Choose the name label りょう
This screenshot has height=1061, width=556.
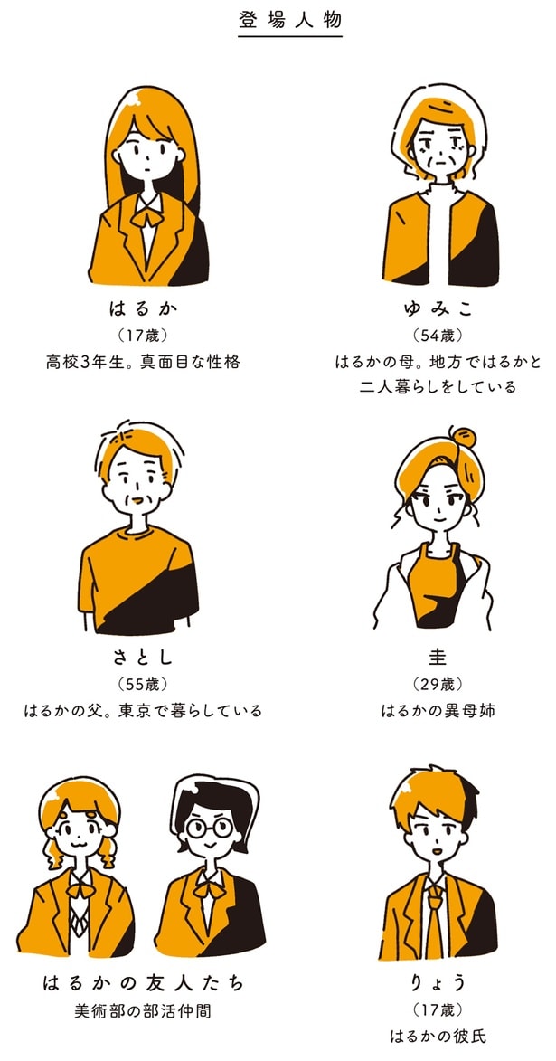(x=437, y=982)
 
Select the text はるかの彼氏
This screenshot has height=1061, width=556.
(x=437, y=1037)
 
